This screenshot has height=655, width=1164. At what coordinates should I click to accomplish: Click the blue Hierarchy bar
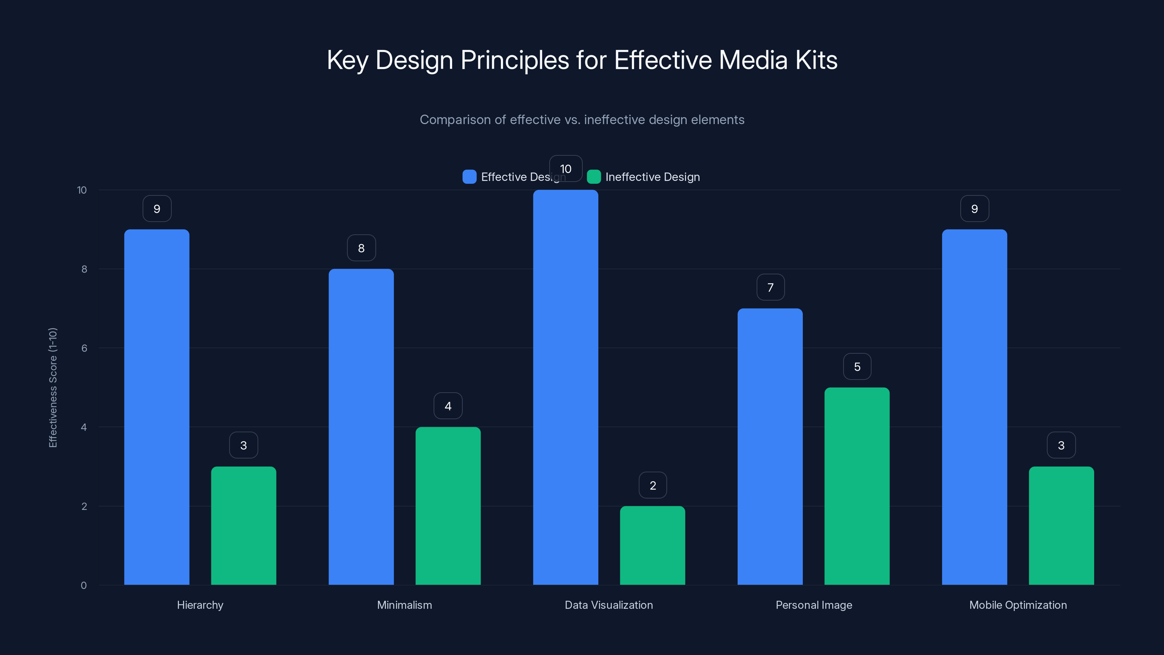point(157,407)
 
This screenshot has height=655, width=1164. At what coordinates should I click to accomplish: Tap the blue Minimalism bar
point(361,427)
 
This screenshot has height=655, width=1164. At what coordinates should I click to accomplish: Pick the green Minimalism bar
point(448,506)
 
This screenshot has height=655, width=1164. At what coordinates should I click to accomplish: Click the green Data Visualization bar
point(653,545)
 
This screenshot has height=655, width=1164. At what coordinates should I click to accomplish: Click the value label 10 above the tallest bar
point(566,168)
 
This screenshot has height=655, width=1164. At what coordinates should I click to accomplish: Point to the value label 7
point(770,287)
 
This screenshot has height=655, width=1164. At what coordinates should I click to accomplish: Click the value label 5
point(857,366)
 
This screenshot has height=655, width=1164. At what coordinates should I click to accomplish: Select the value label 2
point(653,485)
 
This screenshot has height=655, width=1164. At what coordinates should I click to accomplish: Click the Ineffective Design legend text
point(653,177)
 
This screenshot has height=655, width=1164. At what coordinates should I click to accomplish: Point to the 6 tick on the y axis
point(84,348)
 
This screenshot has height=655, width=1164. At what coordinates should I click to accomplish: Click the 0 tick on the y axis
point(84,585)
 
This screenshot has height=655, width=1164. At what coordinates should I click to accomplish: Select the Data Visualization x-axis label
point(609,605)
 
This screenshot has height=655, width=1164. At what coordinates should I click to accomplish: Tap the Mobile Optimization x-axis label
point(1018,605)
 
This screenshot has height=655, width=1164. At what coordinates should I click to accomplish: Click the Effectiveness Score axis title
point(53,388)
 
